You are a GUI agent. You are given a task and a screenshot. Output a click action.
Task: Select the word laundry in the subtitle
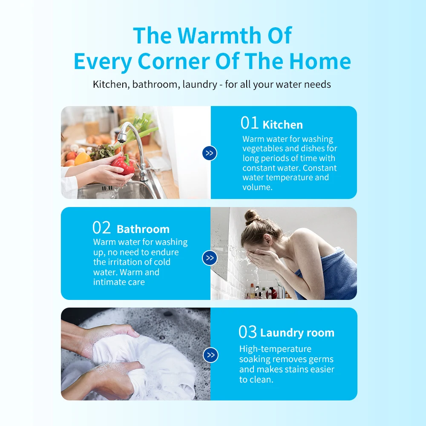200,84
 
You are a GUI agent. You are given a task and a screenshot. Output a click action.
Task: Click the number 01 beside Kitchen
250,123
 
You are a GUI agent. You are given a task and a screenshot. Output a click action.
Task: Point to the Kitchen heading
283,125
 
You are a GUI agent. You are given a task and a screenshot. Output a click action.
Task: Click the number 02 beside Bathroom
102,228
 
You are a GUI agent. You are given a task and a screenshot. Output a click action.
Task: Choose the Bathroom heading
143,229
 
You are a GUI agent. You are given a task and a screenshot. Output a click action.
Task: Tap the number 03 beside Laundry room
248,332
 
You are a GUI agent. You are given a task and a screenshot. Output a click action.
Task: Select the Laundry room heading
297,333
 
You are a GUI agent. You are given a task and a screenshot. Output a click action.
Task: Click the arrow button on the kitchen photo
210,153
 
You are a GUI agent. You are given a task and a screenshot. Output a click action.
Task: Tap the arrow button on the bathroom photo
210,258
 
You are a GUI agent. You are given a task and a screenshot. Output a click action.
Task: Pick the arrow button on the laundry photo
210,355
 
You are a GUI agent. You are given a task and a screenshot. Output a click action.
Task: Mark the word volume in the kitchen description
257,187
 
